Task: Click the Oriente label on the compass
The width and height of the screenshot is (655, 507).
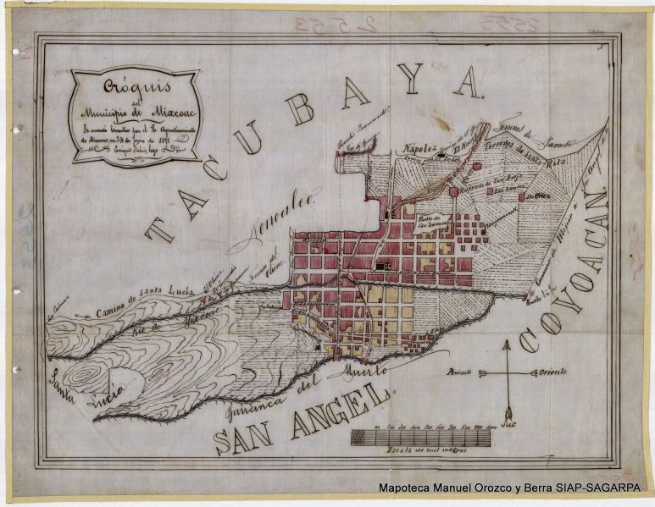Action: pos(550,372)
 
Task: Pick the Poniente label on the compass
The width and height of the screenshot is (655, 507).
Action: pos(463,372)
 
